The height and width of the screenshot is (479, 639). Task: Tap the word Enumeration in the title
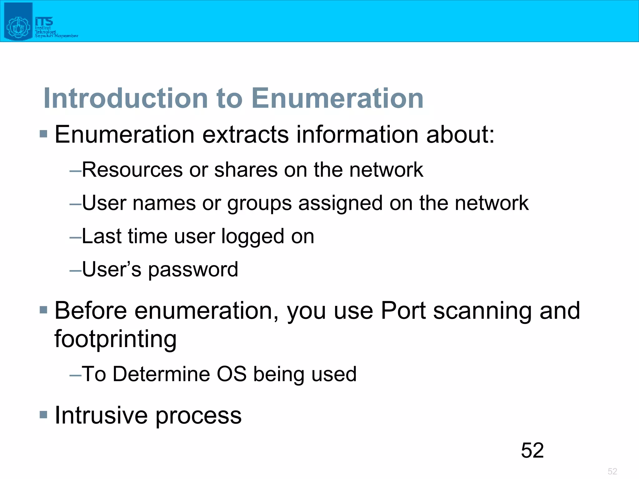point(337,98)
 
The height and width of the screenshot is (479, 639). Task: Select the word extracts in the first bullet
point(246,135)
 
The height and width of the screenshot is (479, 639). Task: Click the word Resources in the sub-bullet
point(132,170)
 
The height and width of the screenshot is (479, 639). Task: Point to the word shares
point(246,170)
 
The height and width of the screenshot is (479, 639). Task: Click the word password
point(193,270)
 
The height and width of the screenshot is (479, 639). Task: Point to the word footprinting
point(115,339)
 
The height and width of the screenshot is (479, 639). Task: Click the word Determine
point(161,374)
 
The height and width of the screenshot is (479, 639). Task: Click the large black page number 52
point(532,450)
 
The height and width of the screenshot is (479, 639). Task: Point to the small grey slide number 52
point(612,471)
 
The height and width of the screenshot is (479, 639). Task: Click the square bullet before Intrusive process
point(43,415)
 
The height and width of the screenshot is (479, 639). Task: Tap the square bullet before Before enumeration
point(43,310)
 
